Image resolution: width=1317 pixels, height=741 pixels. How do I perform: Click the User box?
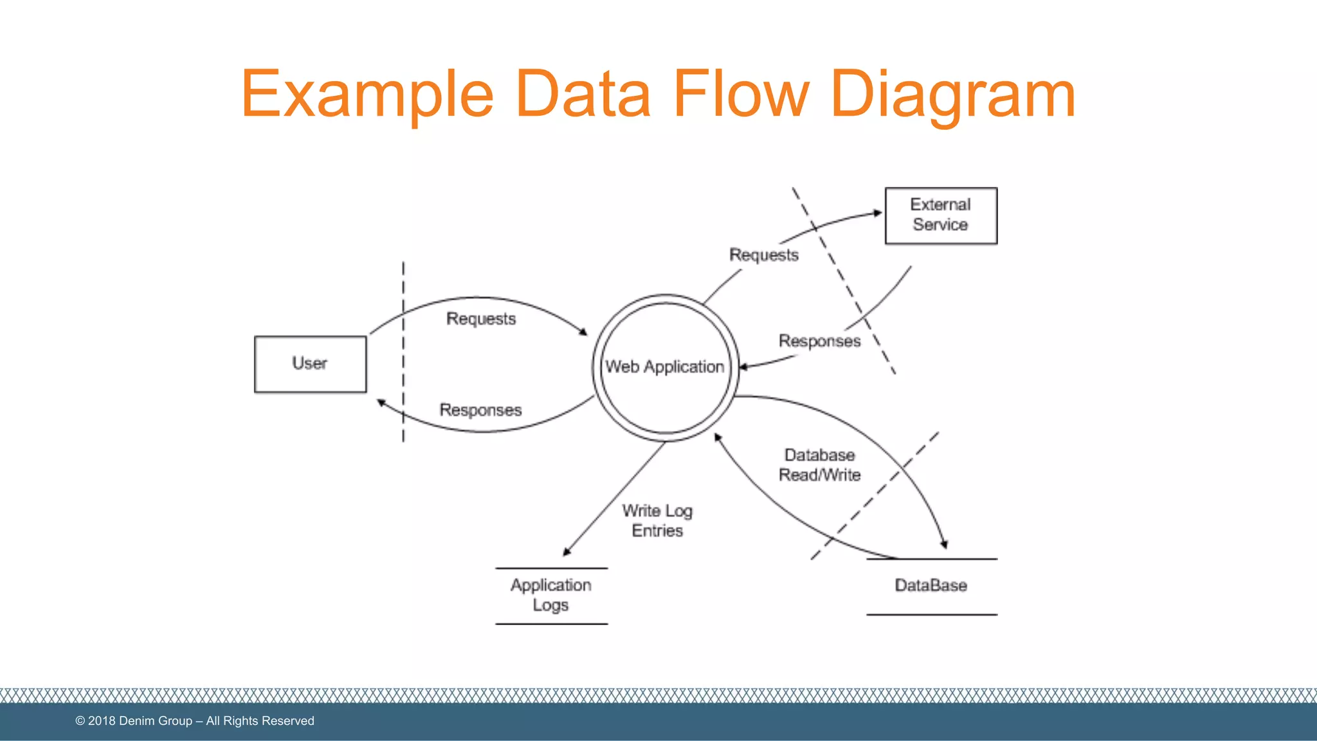pos(310,364)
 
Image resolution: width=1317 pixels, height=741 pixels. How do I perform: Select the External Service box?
pos(940,215)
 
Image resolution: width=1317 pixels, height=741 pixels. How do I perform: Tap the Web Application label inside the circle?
pos(664,367)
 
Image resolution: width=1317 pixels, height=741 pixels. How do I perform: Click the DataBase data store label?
pos(931,585)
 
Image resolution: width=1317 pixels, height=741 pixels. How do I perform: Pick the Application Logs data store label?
pos(550,595)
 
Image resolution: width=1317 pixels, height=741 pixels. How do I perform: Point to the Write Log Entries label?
pos(657,520)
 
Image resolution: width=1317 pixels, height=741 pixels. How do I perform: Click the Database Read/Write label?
pos(819,465)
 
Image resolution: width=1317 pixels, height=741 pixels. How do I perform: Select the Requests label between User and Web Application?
pos(481,319)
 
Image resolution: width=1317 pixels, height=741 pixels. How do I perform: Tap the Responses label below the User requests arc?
pos(480,410)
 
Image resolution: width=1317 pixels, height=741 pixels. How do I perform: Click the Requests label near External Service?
pos(763,255)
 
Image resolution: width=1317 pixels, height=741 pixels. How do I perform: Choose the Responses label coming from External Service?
pos(819,341)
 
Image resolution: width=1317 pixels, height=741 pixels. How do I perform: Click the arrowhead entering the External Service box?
pos(878,213)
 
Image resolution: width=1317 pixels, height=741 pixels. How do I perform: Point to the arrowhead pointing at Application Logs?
pos(567,552)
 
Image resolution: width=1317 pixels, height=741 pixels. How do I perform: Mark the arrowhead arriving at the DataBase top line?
pos(944,544)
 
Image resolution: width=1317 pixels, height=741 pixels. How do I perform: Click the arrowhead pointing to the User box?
pos(381,403)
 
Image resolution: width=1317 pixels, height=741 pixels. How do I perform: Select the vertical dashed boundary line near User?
pos(403,360)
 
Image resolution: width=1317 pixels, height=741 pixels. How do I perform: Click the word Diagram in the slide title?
pos(952,95)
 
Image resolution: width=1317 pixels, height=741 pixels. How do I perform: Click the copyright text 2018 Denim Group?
pos(195,721)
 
